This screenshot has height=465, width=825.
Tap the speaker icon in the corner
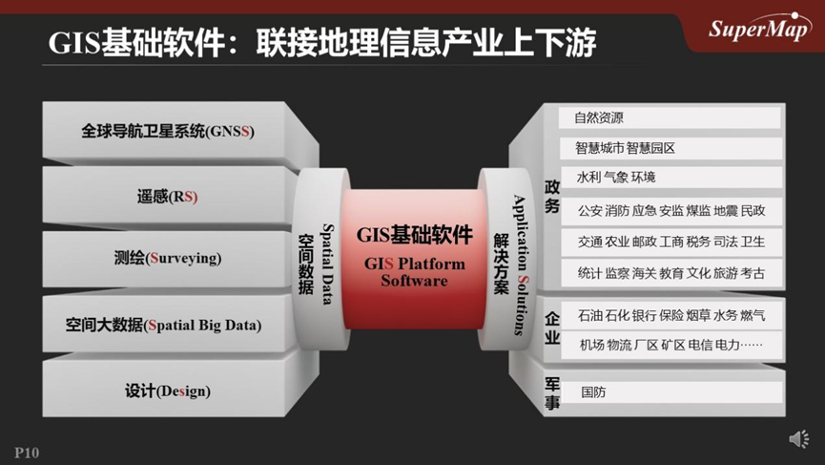(x=798, y=438)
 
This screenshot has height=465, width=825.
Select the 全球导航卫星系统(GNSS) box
(x=168, y=131)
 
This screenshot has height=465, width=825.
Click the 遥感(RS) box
(x=168, y=197)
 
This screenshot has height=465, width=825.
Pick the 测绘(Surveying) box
(x=168, y=259)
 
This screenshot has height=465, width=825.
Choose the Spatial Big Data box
(x=168, y=325)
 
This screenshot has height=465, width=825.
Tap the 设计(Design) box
(x=168, y=391)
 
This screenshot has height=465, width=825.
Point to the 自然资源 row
(x=669, y=118)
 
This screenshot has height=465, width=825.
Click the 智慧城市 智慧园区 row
(x=669, y=149)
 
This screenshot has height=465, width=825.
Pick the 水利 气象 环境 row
(x=669, y=178)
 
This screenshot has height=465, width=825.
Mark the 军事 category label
(x=552, y=392)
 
